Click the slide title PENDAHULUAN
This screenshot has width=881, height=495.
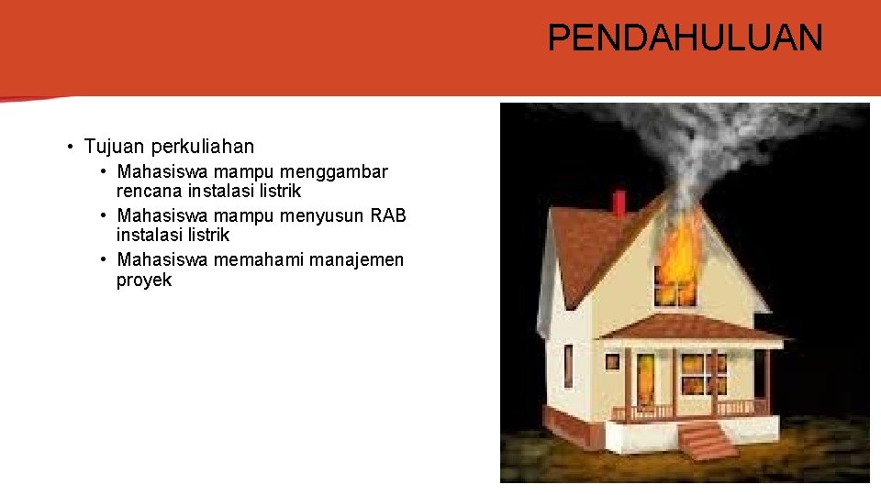click(x=685, y=38)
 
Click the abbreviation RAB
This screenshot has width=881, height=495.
click(x=388, y=215)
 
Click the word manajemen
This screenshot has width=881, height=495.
click(x=356, y=259)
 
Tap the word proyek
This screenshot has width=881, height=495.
click(x=144, y=280)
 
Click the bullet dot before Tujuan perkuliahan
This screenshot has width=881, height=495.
click(x=70, y=147)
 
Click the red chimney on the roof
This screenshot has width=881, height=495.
click(x=619, y=202)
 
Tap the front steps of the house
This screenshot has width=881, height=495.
click(x=708, y=441)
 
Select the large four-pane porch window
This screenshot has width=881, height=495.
click(x=704, y=375)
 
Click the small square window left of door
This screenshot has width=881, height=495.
click(x=612, y=361)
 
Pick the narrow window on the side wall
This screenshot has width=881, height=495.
click(x=568, y=366)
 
